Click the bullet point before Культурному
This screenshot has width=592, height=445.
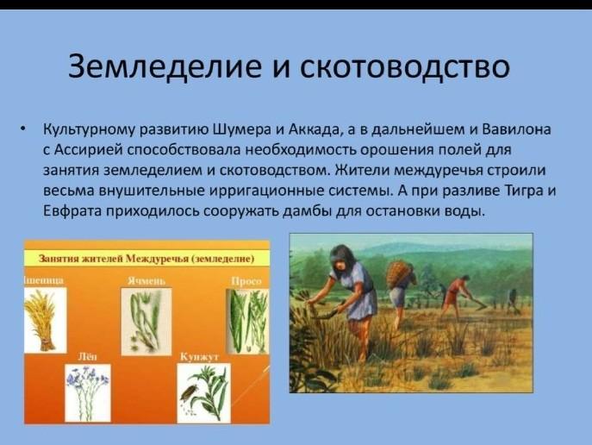24,129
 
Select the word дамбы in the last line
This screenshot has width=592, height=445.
307,210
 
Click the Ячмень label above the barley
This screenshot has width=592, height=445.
146,281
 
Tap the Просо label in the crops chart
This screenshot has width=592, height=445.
246,281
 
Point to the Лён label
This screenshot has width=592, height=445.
87,357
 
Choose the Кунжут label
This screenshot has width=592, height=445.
199,357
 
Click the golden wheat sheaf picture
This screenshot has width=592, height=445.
46,320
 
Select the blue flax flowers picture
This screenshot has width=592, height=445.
88,393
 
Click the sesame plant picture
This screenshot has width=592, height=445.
204,393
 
